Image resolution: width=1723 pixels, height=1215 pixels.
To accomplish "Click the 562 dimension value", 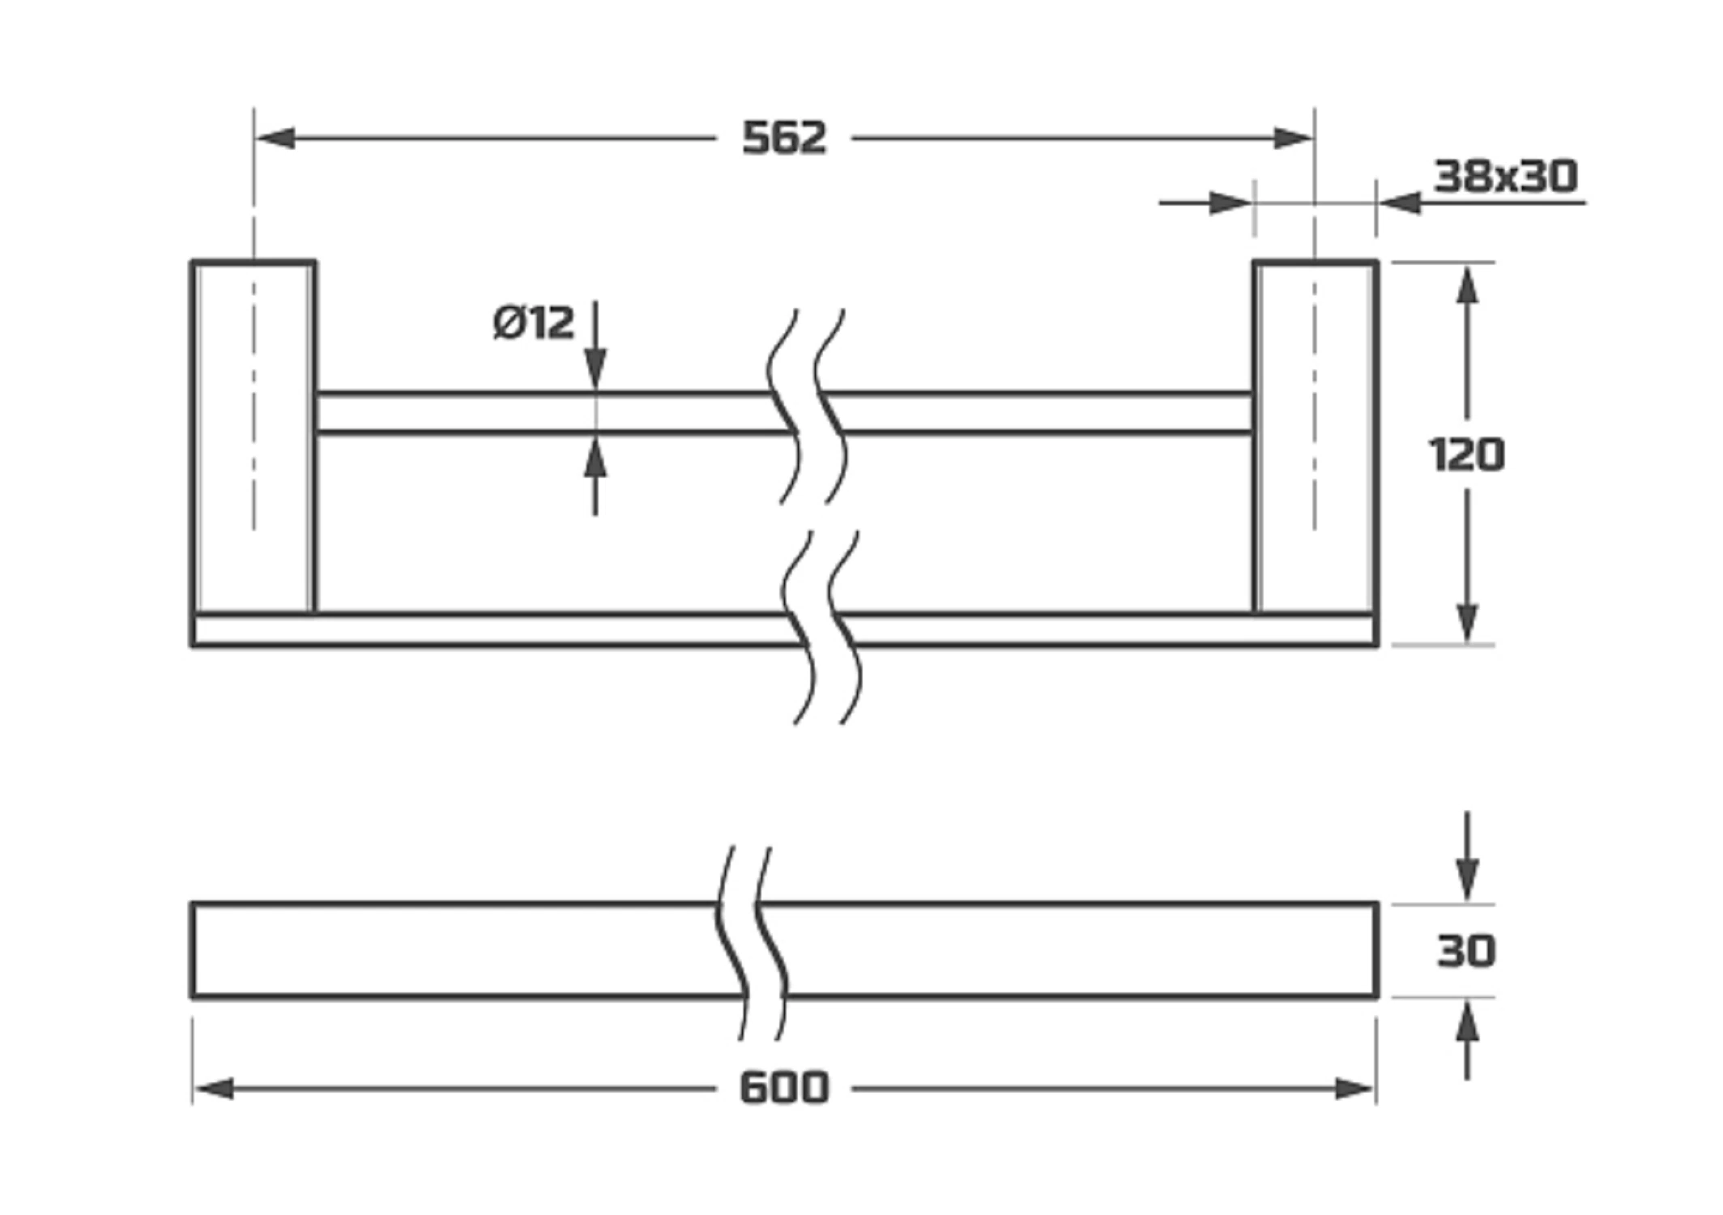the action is tap(784, 138).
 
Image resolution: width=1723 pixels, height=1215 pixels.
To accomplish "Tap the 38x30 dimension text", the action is tap(1506, 176).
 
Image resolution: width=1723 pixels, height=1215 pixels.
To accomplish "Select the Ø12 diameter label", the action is tap(534, 322).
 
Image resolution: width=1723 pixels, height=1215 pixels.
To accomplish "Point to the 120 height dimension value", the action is tap(1466, 454).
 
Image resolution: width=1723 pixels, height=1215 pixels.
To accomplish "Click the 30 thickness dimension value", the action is tap(1466, 951).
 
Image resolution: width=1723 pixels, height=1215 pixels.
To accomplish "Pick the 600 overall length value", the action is tap(784, 1087).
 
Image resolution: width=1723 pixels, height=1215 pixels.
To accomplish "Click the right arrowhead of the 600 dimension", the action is tap(1354, 1089).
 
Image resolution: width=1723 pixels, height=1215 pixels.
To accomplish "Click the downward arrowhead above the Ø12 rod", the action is tap(595, 369).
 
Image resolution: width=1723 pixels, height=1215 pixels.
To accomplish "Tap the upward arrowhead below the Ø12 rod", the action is tap(595, 455).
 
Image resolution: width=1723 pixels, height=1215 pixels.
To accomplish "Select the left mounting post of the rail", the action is tap(254, 437).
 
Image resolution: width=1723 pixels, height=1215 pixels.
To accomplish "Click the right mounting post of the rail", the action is tap(1316, 437).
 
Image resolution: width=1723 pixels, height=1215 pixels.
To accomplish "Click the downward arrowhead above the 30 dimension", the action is tap(1467, 880).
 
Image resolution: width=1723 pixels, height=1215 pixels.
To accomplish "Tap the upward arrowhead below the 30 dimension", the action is tap(1467, 1021).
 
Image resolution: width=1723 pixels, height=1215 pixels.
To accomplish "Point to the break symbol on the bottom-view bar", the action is tap(751, 944).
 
